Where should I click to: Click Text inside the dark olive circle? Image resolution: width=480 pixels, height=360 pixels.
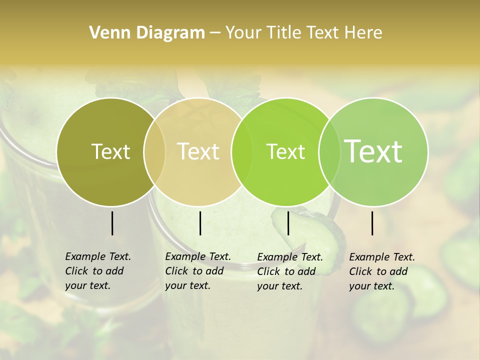(x=110, y=151)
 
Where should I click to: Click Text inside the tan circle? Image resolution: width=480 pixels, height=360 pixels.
(x=198, y=151)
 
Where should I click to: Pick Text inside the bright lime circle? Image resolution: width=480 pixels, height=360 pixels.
(x=285, y=151)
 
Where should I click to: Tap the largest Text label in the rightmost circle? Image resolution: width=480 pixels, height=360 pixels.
(x=373, y=151)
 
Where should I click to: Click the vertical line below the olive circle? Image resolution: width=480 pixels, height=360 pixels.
(x=112, y=223)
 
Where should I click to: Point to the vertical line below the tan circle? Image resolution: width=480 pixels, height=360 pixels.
(x=200, y=223)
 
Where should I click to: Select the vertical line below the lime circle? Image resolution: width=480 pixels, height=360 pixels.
(x=288, y=223)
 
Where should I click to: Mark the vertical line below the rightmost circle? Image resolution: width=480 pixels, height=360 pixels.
(x=372, y=223)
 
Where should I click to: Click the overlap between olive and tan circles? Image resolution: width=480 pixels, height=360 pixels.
(x=154, y=151)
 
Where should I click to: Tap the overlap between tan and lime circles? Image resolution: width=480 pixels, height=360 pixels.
(x=242, y=151)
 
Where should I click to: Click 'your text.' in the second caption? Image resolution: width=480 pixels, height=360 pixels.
(x=187, y=285)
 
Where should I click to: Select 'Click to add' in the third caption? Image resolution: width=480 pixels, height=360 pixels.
(x=286, y=271)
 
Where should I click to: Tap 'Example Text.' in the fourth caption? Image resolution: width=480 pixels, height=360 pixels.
(x=382, y=257)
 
